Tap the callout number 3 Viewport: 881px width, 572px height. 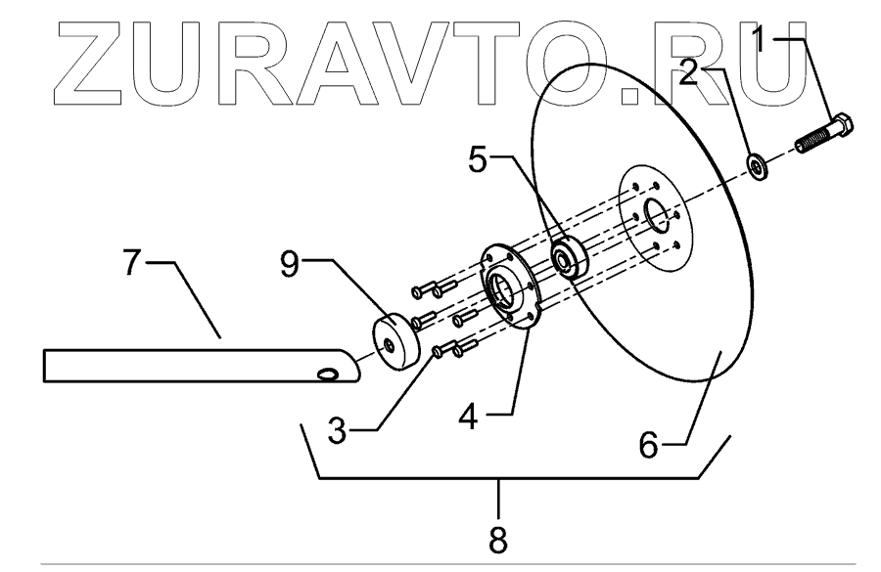pyautogui.click(x=337, y=431)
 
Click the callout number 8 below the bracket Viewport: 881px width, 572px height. pyautogui.click(x=499, y=539)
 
